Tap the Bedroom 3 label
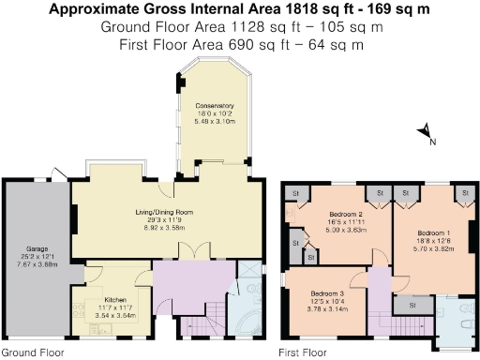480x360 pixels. (x=328, y=292)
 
